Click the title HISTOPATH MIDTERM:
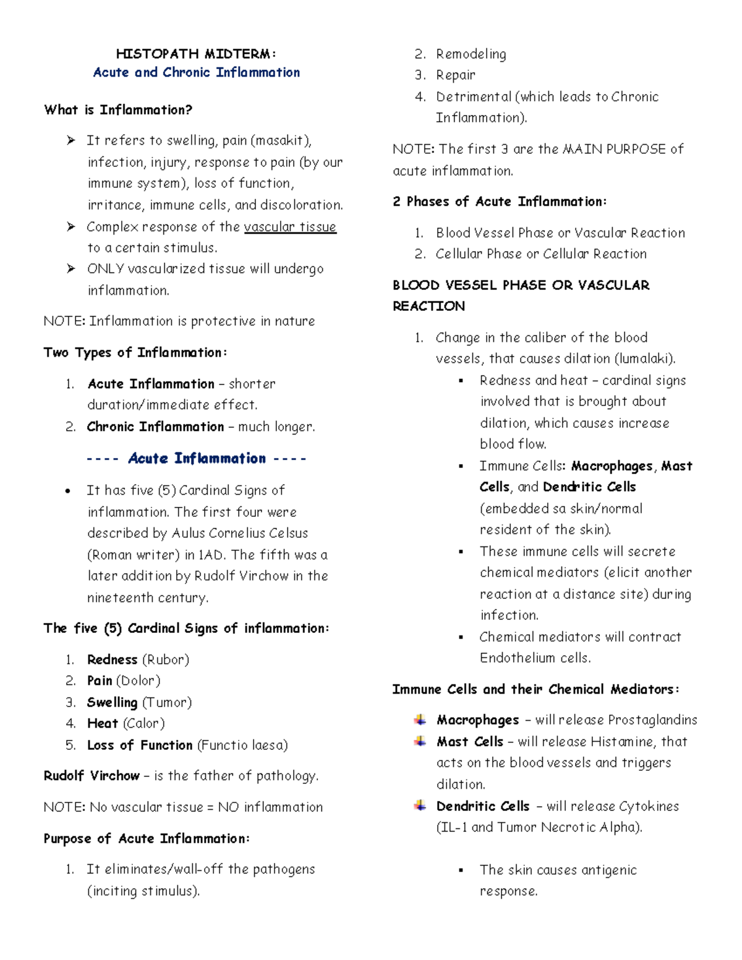click(196, 54)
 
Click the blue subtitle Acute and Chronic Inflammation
click(196, 72)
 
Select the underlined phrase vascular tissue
click(290, 227)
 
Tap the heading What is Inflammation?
click(118, 110)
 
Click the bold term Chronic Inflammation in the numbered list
click(155, 427)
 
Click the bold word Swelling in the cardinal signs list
click(112, 702)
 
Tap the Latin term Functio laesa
click(242, 745)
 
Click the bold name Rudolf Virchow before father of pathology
click(92, 776)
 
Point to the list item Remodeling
click(471, 54)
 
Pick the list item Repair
click(455, 75)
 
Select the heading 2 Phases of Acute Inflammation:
click(500, 202)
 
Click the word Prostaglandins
click(652, 720)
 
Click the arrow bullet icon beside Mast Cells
click(420, 741)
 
